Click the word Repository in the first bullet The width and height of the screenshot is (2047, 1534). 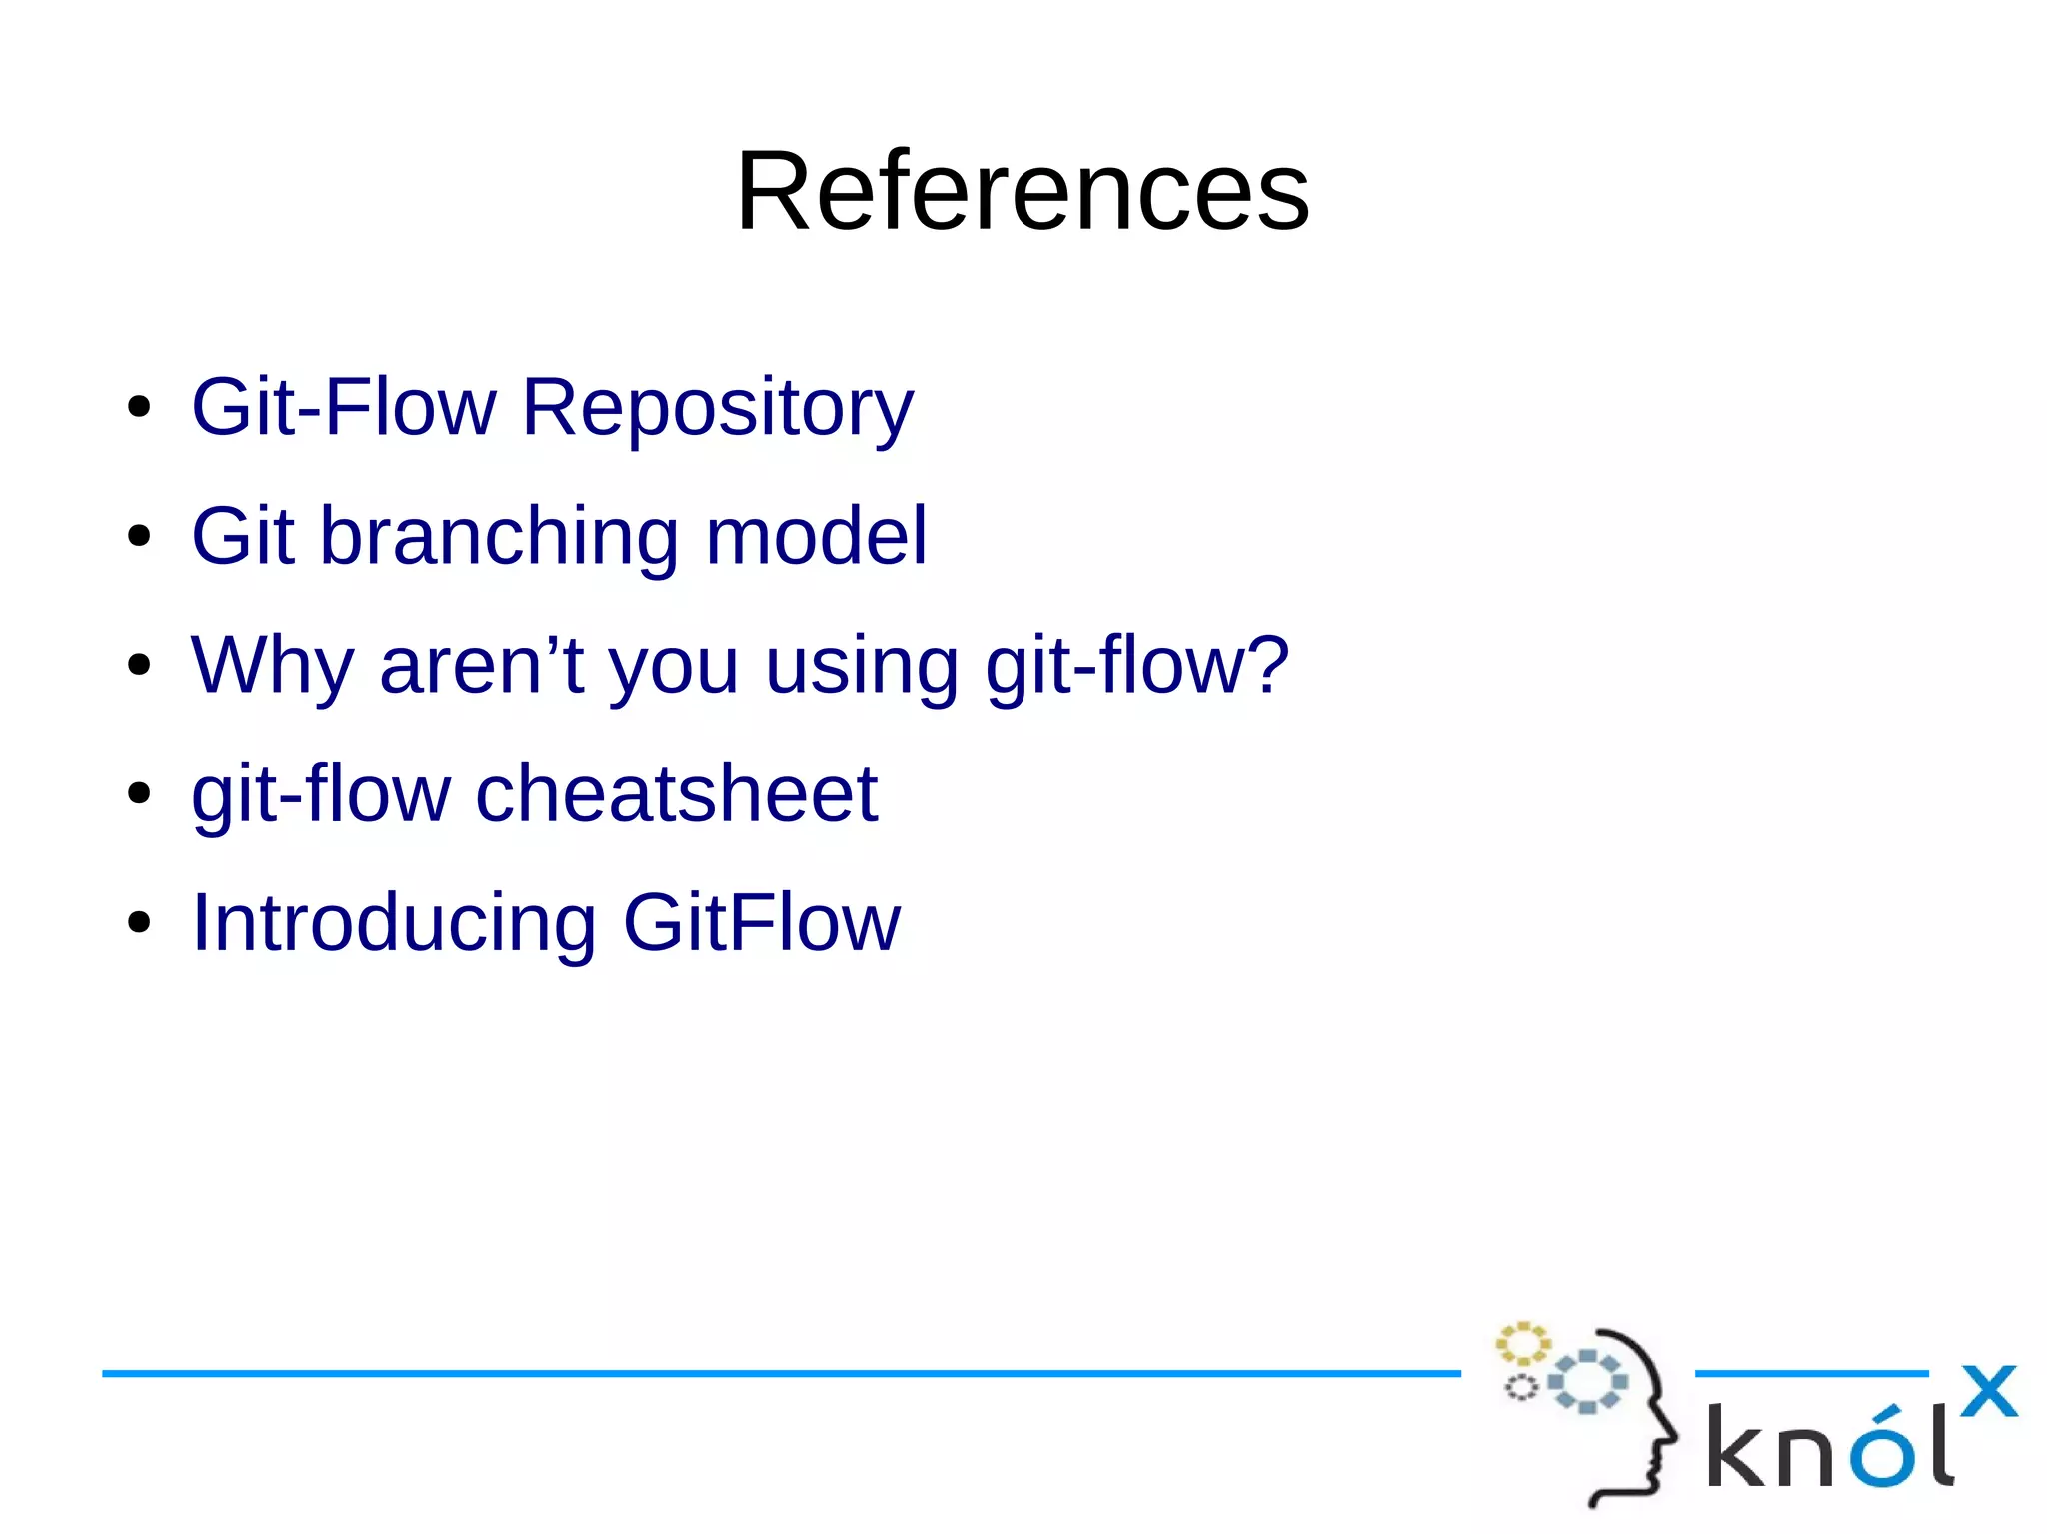717,407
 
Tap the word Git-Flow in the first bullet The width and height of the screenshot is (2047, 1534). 343,407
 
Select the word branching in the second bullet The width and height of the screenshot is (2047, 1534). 499,537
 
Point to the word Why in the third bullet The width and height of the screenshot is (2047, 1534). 272,667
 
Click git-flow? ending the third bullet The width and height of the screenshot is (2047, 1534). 1137,665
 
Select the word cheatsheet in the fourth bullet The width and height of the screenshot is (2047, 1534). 677,793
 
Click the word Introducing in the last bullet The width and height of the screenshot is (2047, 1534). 394,923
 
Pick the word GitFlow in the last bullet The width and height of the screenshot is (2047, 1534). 761,922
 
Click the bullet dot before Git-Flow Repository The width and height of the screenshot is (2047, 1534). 139,408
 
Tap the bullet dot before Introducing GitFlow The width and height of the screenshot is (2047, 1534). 139,923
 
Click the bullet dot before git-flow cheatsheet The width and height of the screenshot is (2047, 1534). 139,794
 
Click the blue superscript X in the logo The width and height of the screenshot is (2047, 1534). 1988,1391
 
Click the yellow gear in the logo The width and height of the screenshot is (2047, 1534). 1522,1344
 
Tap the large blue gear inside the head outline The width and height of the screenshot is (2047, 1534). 1587,1381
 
